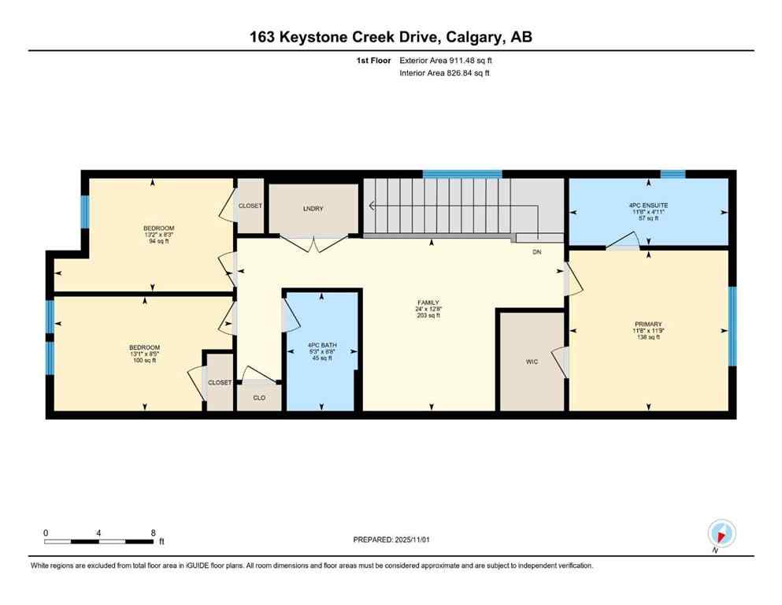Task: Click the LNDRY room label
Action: [313, 209]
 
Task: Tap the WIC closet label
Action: [532, 363]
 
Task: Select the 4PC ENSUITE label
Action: [648, 205]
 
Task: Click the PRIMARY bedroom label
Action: [648, 324]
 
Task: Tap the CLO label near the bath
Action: [259, 398]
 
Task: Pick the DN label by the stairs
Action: [537, 253]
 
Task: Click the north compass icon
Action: [721, 533]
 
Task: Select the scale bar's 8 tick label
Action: [152, 533]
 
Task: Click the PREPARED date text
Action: [391, 540]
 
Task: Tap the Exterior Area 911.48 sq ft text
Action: [447, 60]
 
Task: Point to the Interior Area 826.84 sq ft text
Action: [445, 73]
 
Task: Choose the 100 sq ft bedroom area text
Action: [145, 361]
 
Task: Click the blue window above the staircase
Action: [462, 174]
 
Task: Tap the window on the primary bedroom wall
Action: [732, 326]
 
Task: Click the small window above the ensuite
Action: [672, 174]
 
